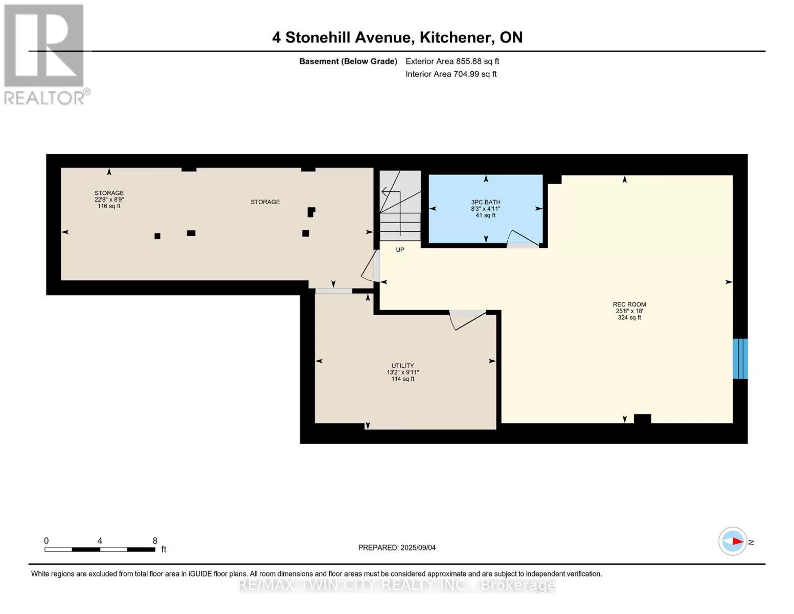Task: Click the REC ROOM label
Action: pyautogui.click(x=629, y=304)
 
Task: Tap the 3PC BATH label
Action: pyautogui.click(x=486, y=202)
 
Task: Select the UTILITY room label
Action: pyautogui.click(x=403, y=366)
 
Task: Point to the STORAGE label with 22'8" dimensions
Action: pyautogui.click(x=109, y=193)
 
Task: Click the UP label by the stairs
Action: pyautogui.click(x=400, y=250)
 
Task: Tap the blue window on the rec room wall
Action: pyautogui.click(x=740, y=359)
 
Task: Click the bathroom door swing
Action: pyautogui.click(x=523, y=238)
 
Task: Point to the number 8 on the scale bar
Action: pyautogui.click(x=155, y=541)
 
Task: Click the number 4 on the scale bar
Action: pyautogui.click(x=100, y=541)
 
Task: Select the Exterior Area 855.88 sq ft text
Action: pyautogui.click(x=452, y=61)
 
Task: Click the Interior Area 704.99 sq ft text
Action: pyautogui.click(x=451, y=74)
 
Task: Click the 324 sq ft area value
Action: pyautogui.click(x=629, y=317)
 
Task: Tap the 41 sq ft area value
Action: pyautogui.click(x=486, y=215)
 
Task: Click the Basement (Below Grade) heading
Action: pyautogui.click(x=348, y=61)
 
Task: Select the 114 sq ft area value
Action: pyautogui.click(x=403, y=379)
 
